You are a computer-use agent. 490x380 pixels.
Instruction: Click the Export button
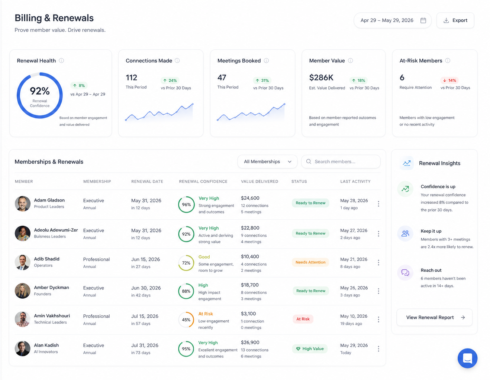455,20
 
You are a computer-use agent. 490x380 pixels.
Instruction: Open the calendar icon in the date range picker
423,20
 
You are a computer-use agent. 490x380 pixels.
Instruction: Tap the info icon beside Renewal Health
61,60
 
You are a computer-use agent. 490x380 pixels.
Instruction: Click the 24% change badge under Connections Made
170,80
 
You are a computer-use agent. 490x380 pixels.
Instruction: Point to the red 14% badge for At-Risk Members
449,80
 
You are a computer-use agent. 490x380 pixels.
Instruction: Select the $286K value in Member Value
321,78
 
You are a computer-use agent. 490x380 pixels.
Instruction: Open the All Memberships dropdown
267,161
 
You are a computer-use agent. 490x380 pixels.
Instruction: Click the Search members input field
341,161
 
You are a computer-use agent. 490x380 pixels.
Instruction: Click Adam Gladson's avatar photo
23,204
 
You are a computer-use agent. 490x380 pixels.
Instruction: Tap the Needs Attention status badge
310,262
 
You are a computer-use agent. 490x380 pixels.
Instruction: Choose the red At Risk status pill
303,319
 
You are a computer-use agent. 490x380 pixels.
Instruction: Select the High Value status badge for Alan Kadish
310,349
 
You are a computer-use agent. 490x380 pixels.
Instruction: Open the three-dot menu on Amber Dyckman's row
378,291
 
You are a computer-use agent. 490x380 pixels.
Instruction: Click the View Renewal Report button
434,317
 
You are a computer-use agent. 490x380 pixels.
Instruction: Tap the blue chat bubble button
467,358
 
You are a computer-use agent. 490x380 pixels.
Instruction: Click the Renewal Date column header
147,181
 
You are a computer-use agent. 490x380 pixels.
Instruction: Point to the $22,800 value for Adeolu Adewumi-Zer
250,228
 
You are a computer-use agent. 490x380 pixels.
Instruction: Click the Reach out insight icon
405,273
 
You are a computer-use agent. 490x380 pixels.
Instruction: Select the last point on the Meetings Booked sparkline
284,104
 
